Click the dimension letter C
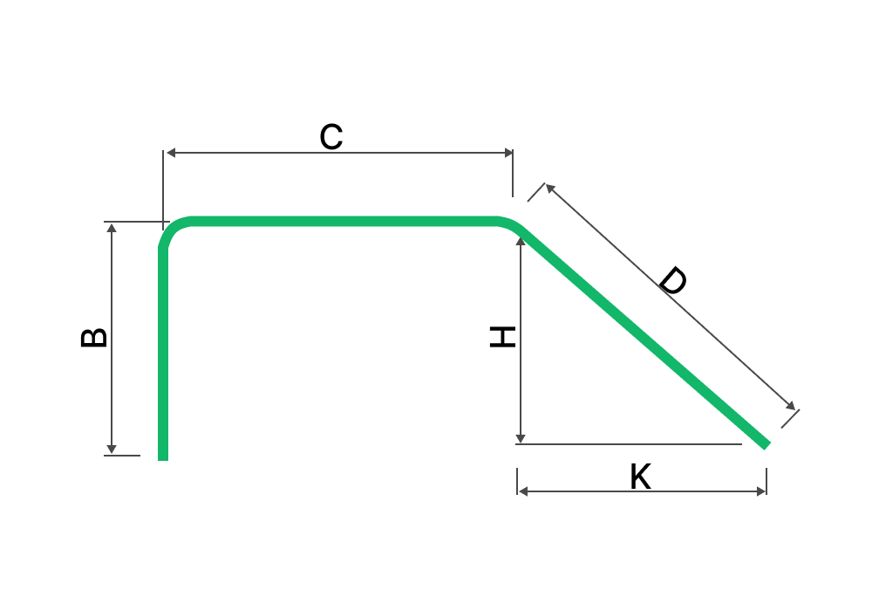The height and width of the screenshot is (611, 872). pyautogui.click(x=330, y=137)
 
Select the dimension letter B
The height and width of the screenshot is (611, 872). pyautogui.click(x=94, y=338)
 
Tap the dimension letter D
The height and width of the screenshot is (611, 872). pyautogui.click(x=673, y=280)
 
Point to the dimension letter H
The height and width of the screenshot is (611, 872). pyautogui.click(x=502, y=337)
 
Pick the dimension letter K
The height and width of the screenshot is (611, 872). pyautogui.click(x=641, y=476)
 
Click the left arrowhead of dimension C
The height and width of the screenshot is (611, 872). pyautogui.click(x=171, y=153)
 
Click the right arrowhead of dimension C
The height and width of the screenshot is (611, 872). pyautogui.click(x=508, y=153)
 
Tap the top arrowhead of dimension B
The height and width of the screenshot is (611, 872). pyautogui.click(x=112, y=228)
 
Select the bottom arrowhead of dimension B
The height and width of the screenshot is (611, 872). pyautogui.click(x=112, y=449)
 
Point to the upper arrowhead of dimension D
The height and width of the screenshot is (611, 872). pyautogui.click(x=550, y=188)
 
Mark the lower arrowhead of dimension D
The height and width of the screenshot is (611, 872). pyautogui.click(x=791, y=406)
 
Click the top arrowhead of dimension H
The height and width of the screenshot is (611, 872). pyautogui.click(x=521, y=241)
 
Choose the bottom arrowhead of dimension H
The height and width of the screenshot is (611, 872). pyautogui.click(x=521, y=439)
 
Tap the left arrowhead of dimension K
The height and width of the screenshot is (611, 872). pyautogui.click(x=522, y=491)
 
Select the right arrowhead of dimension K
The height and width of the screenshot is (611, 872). pyautogui.click(x=761, y=491)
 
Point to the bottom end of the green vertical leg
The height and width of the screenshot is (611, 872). pyautogui.click(x=163, y=460)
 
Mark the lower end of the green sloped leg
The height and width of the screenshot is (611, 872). pyautogui.click(x=766, y=445)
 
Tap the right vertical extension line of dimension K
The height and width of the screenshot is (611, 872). pyautogui.click(x=766, y=481)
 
